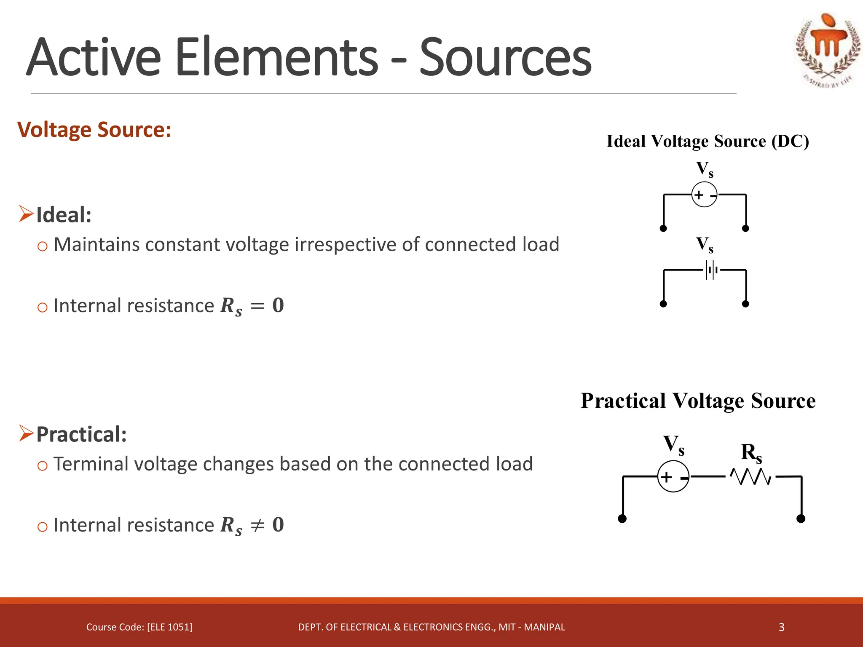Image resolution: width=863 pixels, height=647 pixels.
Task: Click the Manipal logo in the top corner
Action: coord(828,50)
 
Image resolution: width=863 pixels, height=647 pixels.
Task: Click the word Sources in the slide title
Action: coord(505,58)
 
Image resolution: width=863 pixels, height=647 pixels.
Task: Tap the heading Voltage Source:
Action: coord(94,129)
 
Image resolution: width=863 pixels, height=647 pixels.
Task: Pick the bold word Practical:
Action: coord(81,434)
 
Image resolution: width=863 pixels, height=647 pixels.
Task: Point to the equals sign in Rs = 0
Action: coord(257,306)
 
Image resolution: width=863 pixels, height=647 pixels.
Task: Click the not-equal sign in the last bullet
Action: coord(257,525)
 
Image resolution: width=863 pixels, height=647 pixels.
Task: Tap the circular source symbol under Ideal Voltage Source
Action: coord(704,195)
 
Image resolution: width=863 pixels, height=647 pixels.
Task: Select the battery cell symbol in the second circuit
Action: coord(711,270)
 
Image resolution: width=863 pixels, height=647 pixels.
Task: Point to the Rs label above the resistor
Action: coord(751,453)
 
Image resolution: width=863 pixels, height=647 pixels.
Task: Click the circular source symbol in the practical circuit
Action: coord(673,477)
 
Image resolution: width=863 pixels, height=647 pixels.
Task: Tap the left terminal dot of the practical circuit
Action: coord(622,519)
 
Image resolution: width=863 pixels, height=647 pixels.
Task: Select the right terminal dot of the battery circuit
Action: coord(745,304)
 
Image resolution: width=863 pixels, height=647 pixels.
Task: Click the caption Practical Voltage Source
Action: coord(698,401)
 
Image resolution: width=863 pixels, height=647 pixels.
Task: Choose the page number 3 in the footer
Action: coord(781,627)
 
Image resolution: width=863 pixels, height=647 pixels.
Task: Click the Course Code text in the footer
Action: coord(139,627)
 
